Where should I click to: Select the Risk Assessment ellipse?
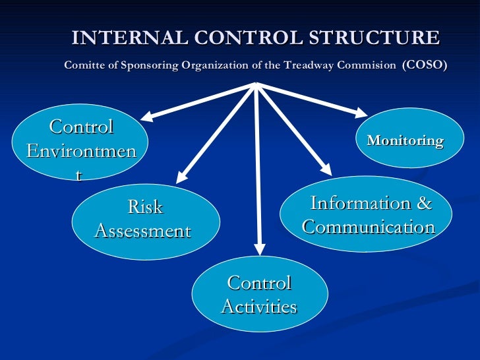click(x=145, y=220)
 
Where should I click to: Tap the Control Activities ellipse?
click(x=259, y=295)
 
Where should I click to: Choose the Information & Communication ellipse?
click(x=367, y=215)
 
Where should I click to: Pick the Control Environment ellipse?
click(x=82, y=142)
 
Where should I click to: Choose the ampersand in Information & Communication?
click(x=425, y=204)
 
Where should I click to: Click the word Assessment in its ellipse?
click(x=143, y=231)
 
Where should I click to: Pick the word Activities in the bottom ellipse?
click(x=258, y=307)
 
